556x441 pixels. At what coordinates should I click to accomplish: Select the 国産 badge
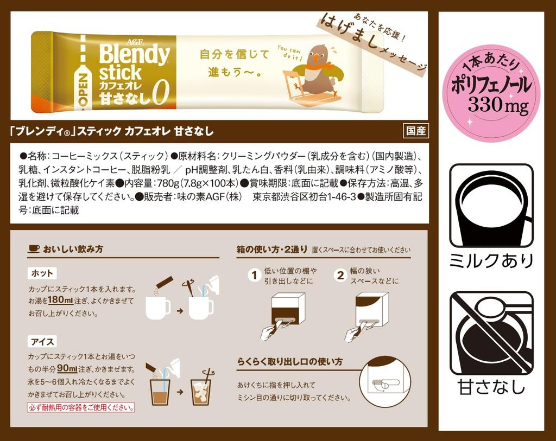416,130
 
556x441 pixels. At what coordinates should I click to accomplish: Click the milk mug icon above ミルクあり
491,206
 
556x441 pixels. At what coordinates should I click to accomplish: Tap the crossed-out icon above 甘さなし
491,333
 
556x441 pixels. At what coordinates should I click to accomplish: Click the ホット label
42,273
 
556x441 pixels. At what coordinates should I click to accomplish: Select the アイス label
42,341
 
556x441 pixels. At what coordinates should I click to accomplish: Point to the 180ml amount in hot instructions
57,301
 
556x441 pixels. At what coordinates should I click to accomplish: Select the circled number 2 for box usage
340,276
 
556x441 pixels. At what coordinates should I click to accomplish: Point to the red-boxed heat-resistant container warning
81,407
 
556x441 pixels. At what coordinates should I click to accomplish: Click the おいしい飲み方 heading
73,249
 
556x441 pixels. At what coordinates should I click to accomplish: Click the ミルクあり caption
491,261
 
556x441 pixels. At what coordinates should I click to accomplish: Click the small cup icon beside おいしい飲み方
34,249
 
